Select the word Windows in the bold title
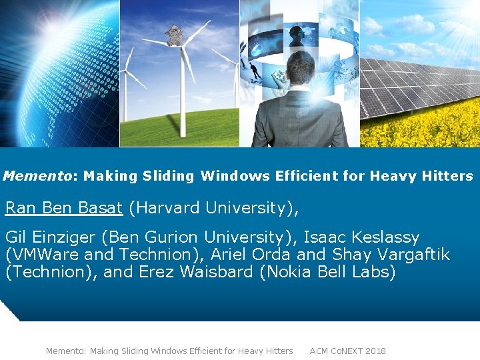point(232,176)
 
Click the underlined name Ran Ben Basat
point(64,208)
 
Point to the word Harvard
point(167,208)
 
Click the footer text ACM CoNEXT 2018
point(347,351)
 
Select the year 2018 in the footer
point(375,351)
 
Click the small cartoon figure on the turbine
point(174,35)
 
